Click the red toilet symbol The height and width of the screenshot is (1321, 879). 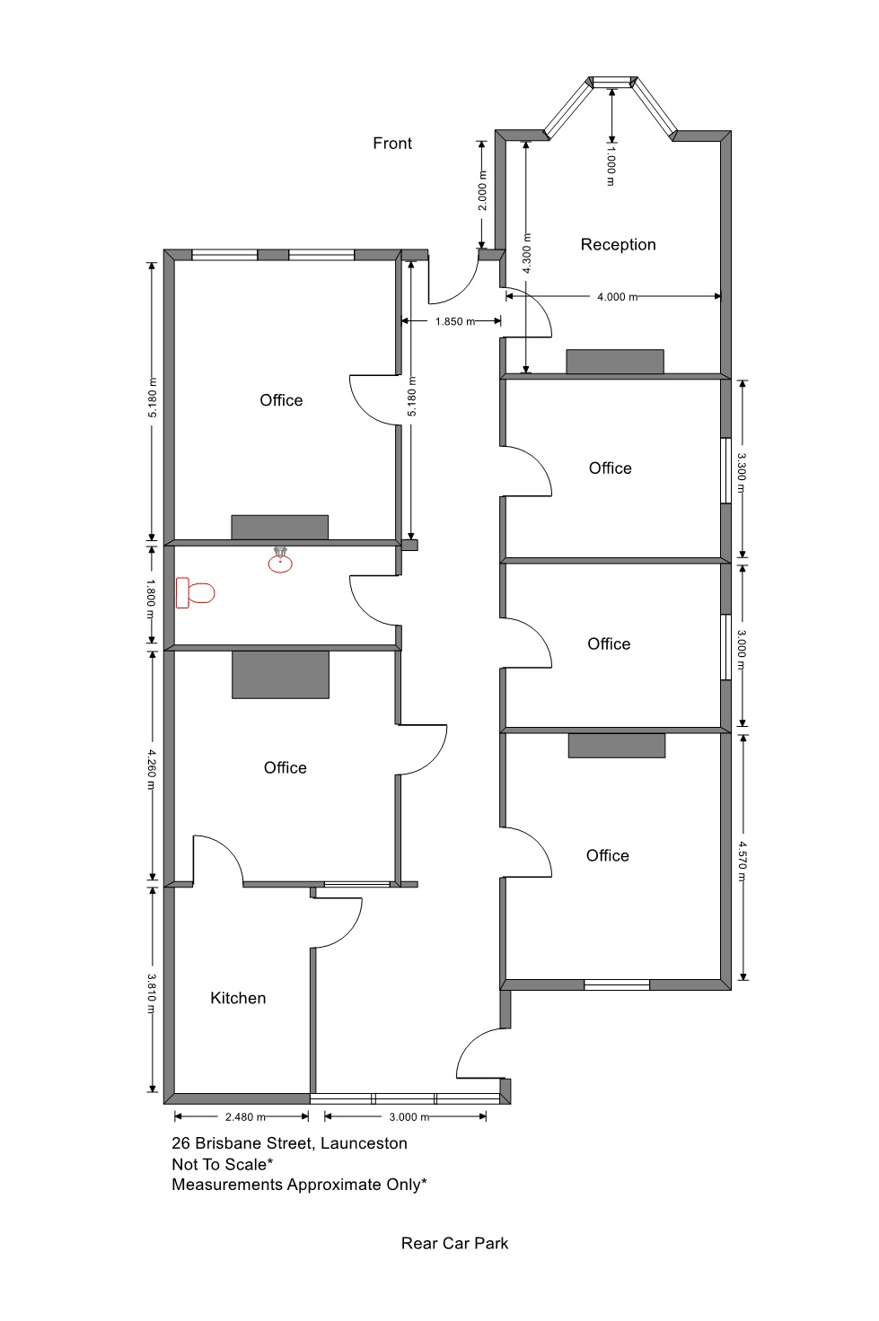(195, 592)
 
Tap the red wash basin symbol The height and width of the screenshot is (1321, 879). (280, 560)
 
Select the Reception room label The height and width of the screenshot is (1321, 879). (618, 244)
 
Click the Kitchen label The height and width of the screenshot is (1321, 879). (238, 998)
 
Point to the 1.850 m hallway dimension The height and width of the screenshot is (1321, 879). (455, 321)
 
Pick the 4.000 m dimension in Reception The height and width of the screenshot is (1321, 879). (617, 297)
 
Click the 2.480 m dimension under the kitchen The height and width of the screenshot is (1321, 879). (245, 1117)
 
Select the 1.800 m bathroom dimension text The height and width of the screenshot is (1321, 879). (151, 599)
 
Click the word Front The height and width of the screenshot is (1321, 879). (392, 144)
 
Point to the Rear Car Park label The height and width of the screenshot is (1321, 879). (454, 1243)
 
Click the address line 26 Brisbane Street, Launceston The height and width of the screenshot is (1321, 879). (289, 1143)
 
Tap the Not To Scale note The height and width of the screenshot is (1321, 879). (223, 1164)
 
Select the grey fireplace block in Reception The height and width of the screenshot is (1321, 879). (615, 362)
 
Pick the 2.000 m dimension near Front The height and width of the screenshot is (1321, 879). (482, 190)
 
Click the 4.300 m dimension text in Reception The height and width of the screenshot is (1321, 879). (527, 254)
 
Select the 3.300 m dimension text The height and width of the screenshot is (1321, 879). (743, 474)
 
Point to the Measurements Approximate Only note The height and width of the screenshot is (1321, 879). (299, 1185)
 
